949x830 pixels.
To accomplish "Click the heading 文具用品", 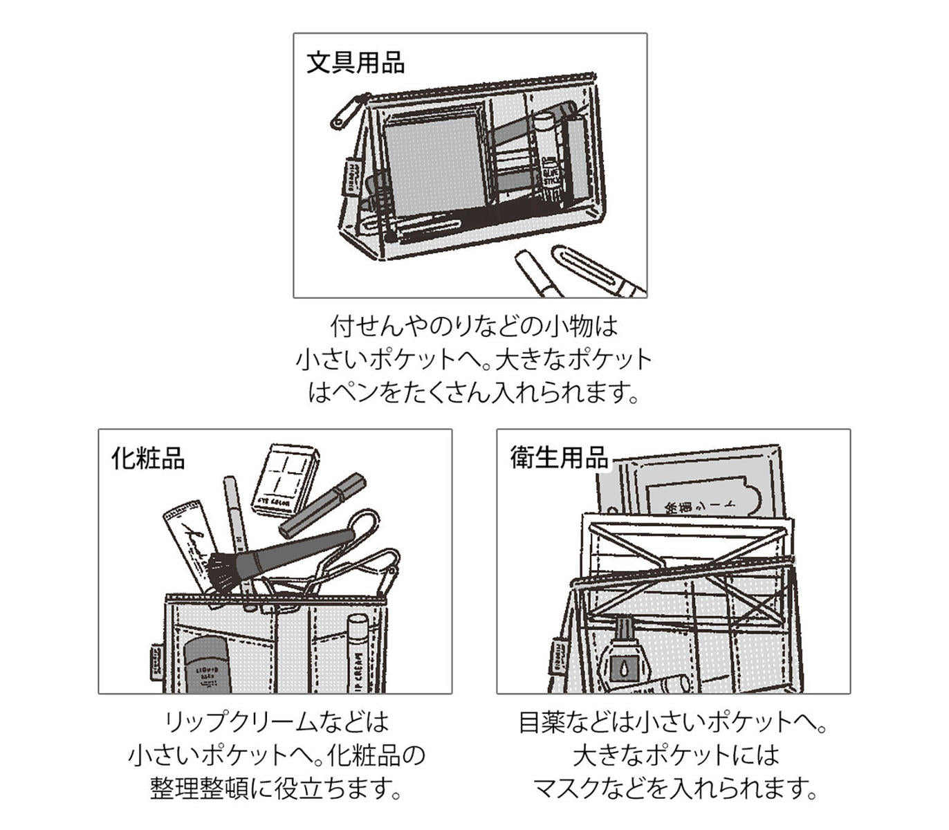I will click(355, 62).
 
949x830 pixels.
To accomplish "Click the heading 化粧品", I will click(147, 458).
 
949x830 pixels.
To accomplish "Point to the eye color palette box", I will click(284, 479).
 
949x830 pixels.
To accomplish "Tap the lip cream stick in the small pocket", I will click(358, 654).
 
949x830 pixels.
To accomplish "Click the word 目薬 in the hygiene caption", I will click(542, 722).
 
